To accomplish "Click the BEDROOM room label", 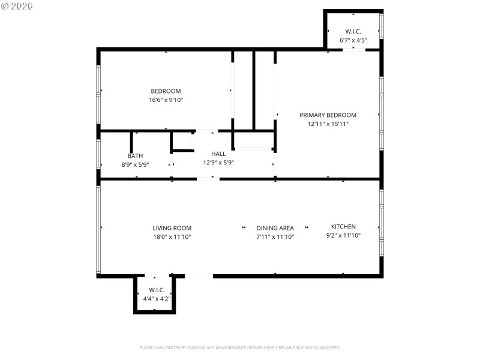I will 166,91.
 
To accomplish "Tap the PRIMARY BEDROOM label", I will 328,115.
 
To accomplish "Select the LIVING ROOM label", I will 172,228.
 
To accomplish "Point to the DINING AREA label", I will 275,228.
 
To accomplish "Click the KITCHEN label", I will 343,227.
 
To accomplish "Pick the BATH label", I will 135,156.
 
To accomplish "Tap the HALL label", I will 218,154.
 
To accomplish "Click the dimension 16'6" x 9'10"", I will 166,100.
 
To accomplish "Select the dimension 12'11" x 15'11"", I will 328,124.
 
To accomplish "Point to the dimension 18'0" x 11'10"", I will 172,237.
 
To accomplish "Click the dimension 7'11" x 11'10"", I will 275,237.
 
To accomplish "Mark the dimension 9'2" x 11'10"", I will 343,236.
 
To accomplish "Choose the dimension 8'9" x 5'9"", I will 135,164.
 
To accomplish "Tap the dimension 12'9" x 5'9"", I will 218,163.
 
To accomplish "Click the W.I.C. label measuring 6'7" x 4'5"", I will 353,32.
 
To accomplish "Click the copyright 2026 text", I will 17,5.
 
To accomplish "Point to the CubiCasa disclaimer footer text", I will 240,348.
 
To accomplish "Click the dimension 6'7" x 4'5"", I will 353,40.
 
